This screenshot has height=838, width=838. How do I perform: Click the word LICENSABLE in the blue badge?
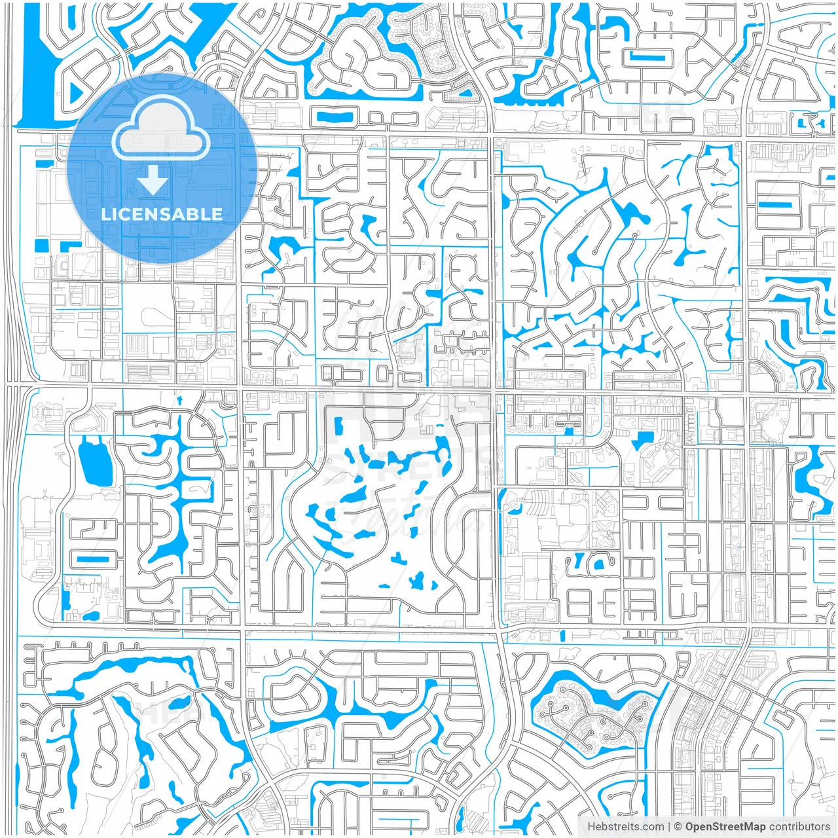162,214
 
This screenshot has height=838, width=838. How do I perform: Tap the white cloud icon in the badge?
161,128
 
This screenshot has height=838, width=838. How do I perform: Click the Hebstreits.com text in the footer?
625,827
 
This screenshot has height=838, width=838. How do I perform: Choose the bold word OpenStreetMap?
725,827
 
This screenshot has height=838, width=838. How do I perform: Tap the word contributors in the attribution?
799,827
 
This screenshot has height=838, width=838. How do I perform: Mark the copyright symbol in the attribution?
679,827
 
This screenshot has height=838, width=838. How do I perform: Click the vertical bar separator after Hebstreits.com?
669,827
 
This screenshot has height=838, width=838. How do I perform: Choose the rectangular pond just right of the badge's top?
334,117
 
